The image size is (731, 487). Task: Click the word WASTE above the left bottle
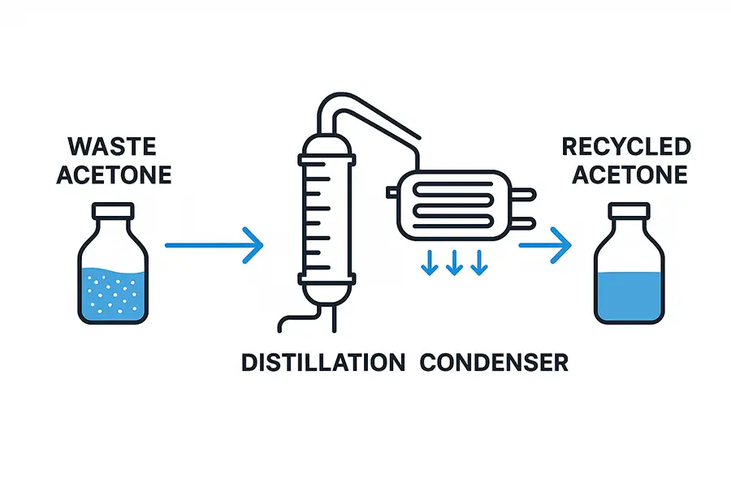(114, 147)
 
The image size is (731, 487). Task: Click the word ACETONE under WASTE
(114, 175)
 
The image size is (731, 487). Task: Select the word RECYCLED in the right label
(625, 147)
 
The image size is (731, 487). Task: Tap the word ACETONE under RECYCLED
(625, 175)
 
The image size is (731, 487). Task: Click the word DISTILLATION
(323, 362)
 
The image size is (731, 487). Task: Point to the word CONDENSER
(494, 362)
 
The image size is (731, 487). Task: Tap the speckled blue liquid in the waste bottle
(114, 292)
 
